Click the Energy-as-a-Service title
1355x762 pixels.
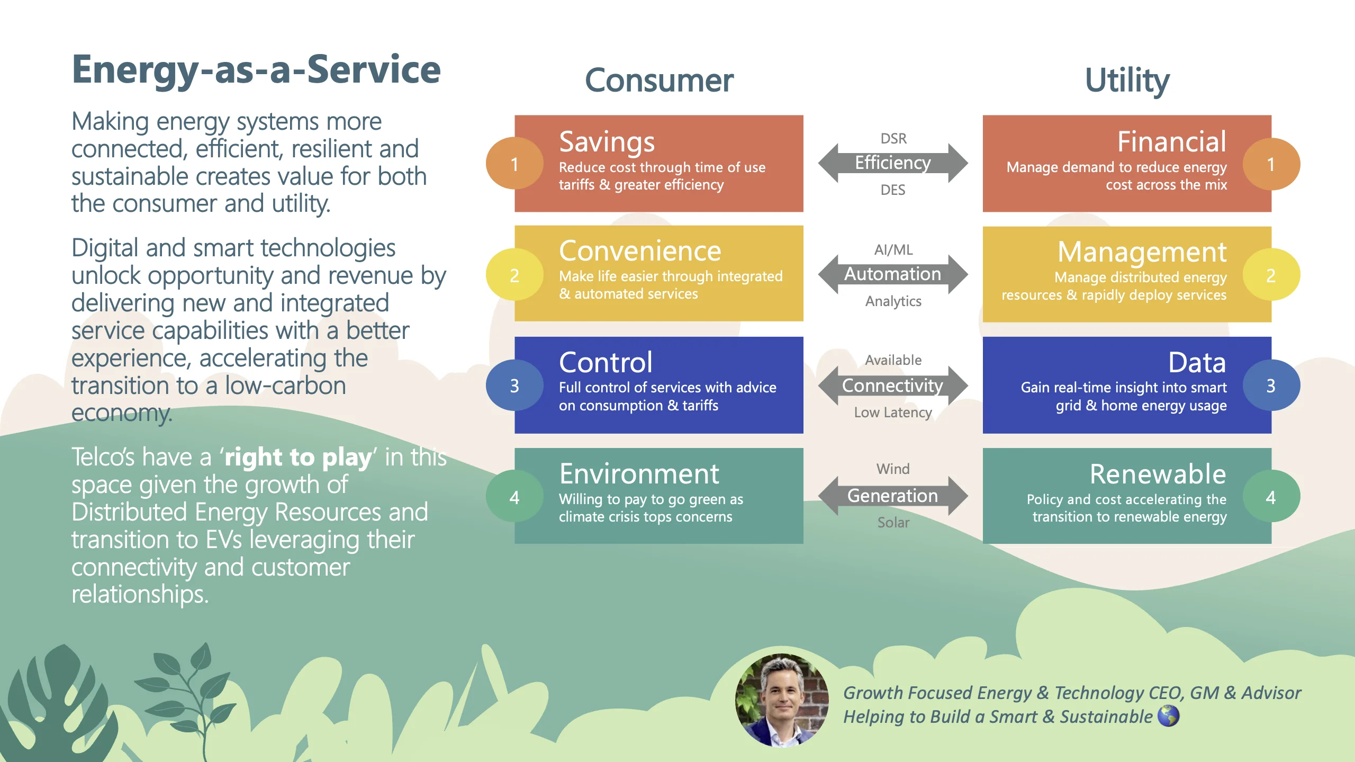256,70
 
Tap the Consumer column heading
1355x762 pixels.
659,80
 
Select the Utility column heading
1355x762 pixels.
1127,80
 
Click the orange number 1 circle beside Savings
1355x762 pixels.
514,164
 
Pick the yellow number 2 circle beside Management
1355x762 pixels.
1270,275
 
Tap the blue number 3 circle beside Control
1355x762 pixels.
514,386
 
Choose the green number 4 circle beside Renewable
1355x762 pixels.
1270,497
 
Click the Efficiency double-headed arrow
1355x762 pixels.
893,163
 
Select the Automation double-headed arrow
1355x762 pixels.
893,274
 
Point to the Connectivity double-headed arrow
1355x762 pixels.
893,386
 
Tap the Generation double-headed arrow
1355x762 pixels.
893,496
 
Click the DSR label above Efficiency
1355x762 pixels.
893,139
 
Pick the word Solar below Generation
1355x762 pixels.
893,523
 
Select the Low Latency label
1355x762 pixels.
893,413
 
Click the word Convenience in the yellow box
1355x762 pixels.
640,251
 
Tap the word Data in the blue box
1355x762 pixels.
1197,363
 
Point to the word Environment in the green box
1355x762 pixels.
639,474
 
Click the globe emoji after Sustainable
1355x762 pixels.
1168,716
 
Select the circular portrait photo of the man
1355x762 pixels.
782,700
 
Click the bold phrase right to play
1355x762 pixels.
298,457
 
